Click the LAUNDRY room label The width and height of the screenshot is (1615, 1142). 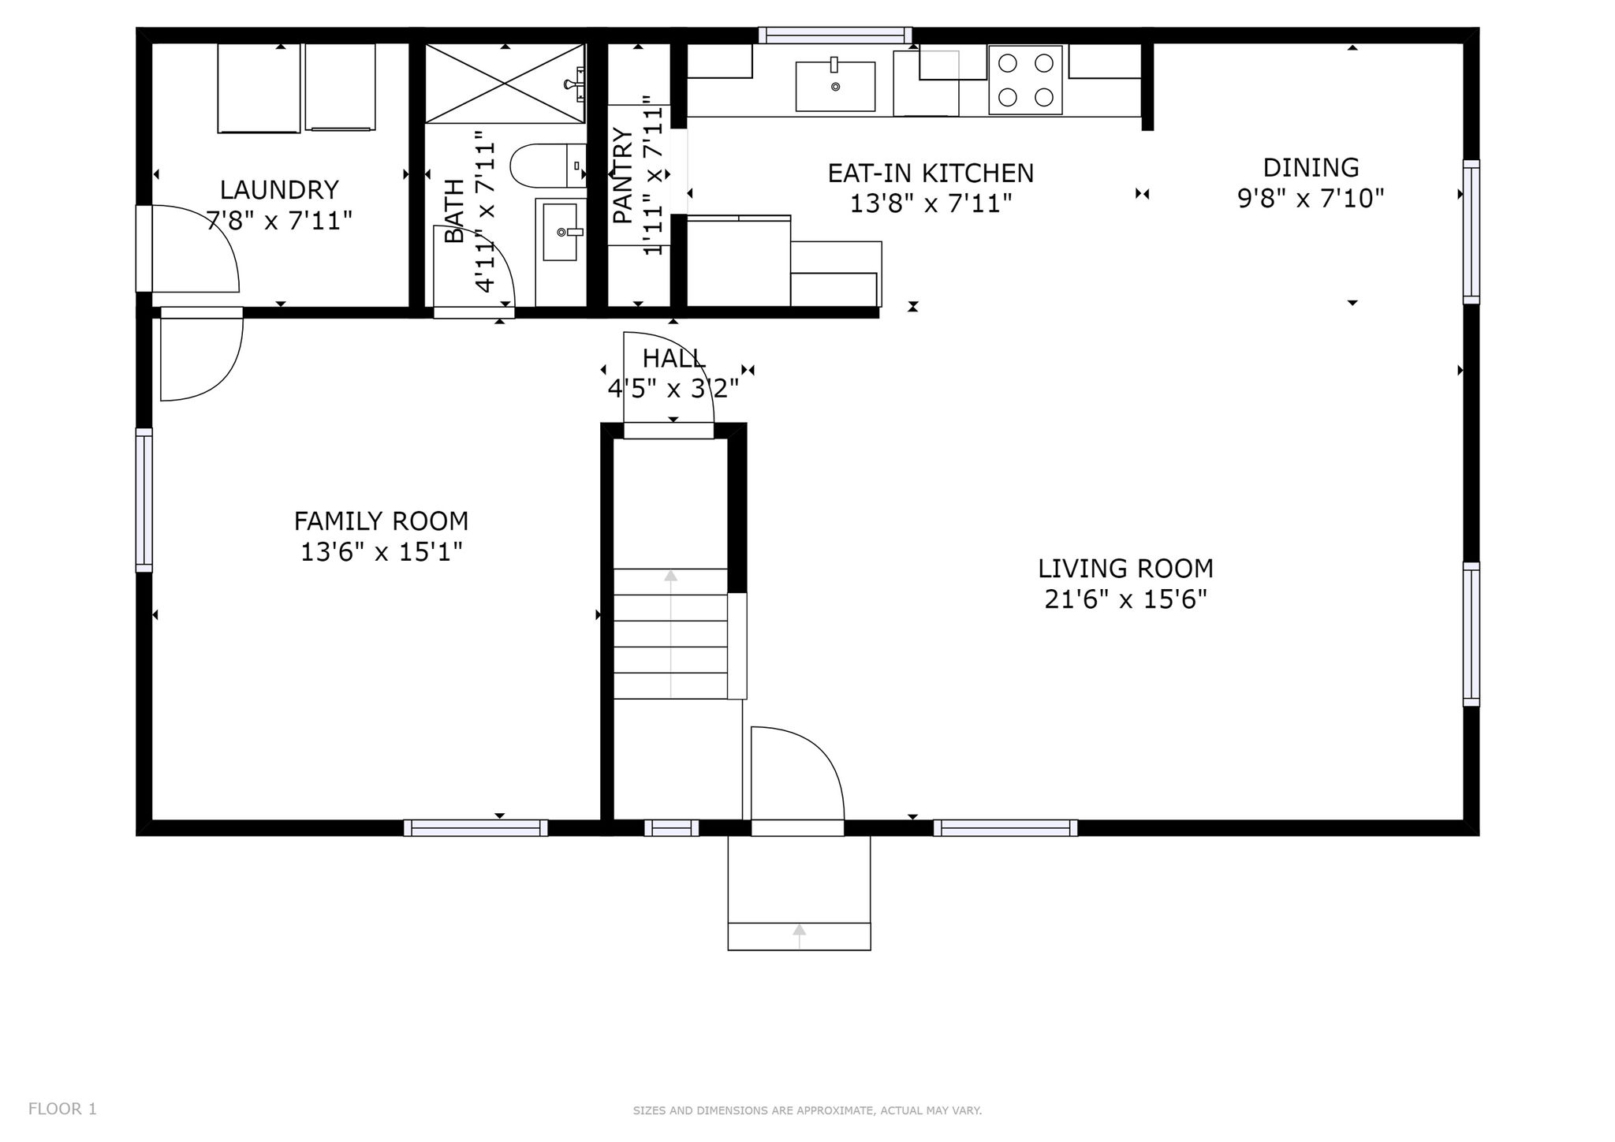(x=279, y=190)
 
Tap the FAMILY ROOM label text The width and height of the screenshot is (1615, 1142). (x=381, y=521)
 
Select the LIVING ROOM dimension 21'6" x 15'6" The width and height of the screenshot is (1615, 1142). (x=1126, y=600)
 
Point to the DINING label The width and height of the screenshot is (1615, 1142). (x=1311, y=168)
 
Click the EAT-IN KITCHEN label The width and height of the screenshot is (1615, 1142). (x=931, y=174)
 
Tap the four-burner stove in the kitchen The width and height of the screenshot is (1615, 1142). (x=1026, y=80)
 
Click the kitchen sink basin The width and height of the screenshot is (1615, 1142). (x=835, y=86)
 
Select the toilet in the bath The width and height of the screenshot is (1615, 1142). (x=548, y=166)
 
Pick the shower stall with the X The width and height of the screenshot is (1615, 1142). (x=505, y=84)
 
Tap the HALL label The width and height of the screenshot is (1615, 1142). (x=673, y=359)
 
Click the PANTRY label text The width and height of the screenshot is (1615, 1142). (x=623, y=175)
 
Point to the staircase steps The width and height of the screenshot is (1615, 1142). (x=670, y=633)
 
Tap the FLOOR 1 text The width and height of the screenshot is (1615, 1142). (x=62, y=1109)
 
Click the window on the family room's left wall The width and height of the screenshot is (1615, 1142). (x=144, y=500)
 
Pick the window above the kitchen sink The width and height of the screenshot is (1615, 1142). (x=835, y=35)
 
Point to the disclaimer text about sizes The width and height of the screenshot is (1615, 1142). (x=807, y=1110)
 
